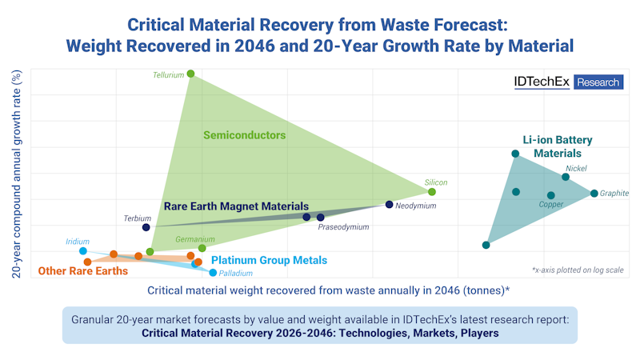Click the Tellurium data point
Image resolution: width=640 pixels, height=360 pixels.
point(190,74)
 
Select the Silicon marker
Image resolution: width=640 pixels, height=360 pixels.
point(432,192)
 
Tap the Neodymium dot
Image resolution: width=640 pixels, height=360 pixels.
point(390,205)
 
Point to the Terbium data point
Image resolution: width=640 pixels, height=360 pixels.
point(146,228)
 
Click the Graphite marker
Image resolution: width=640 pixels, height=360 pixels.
point(594,194)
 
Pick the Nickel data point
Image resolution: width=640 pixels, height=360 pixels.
point(566,177)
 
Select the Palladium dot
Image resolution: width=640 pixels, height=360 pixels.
point(213,273)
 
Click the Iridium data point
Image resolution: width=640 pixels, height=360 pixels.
point(83,251)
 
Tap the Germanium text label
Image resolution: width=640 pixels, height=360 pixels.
point(197,238)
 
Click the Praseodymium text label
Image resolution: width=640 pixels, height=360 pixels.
point(343,227)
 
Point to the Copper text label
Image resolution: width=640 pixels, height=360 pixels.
point(551,205)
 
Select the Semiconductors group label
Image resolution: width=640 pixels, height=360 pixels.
point(244,135)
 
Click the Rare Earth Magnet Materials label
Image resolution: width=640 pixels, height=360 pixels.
point(236,206)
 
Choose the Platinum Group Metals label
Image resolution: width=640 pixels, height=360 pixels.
point(269,260)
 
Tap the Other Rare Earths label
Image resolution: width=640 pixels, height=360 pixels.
point(83,271)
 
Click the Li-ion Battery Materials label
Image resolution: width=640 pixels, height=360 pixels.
point(553,146)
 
